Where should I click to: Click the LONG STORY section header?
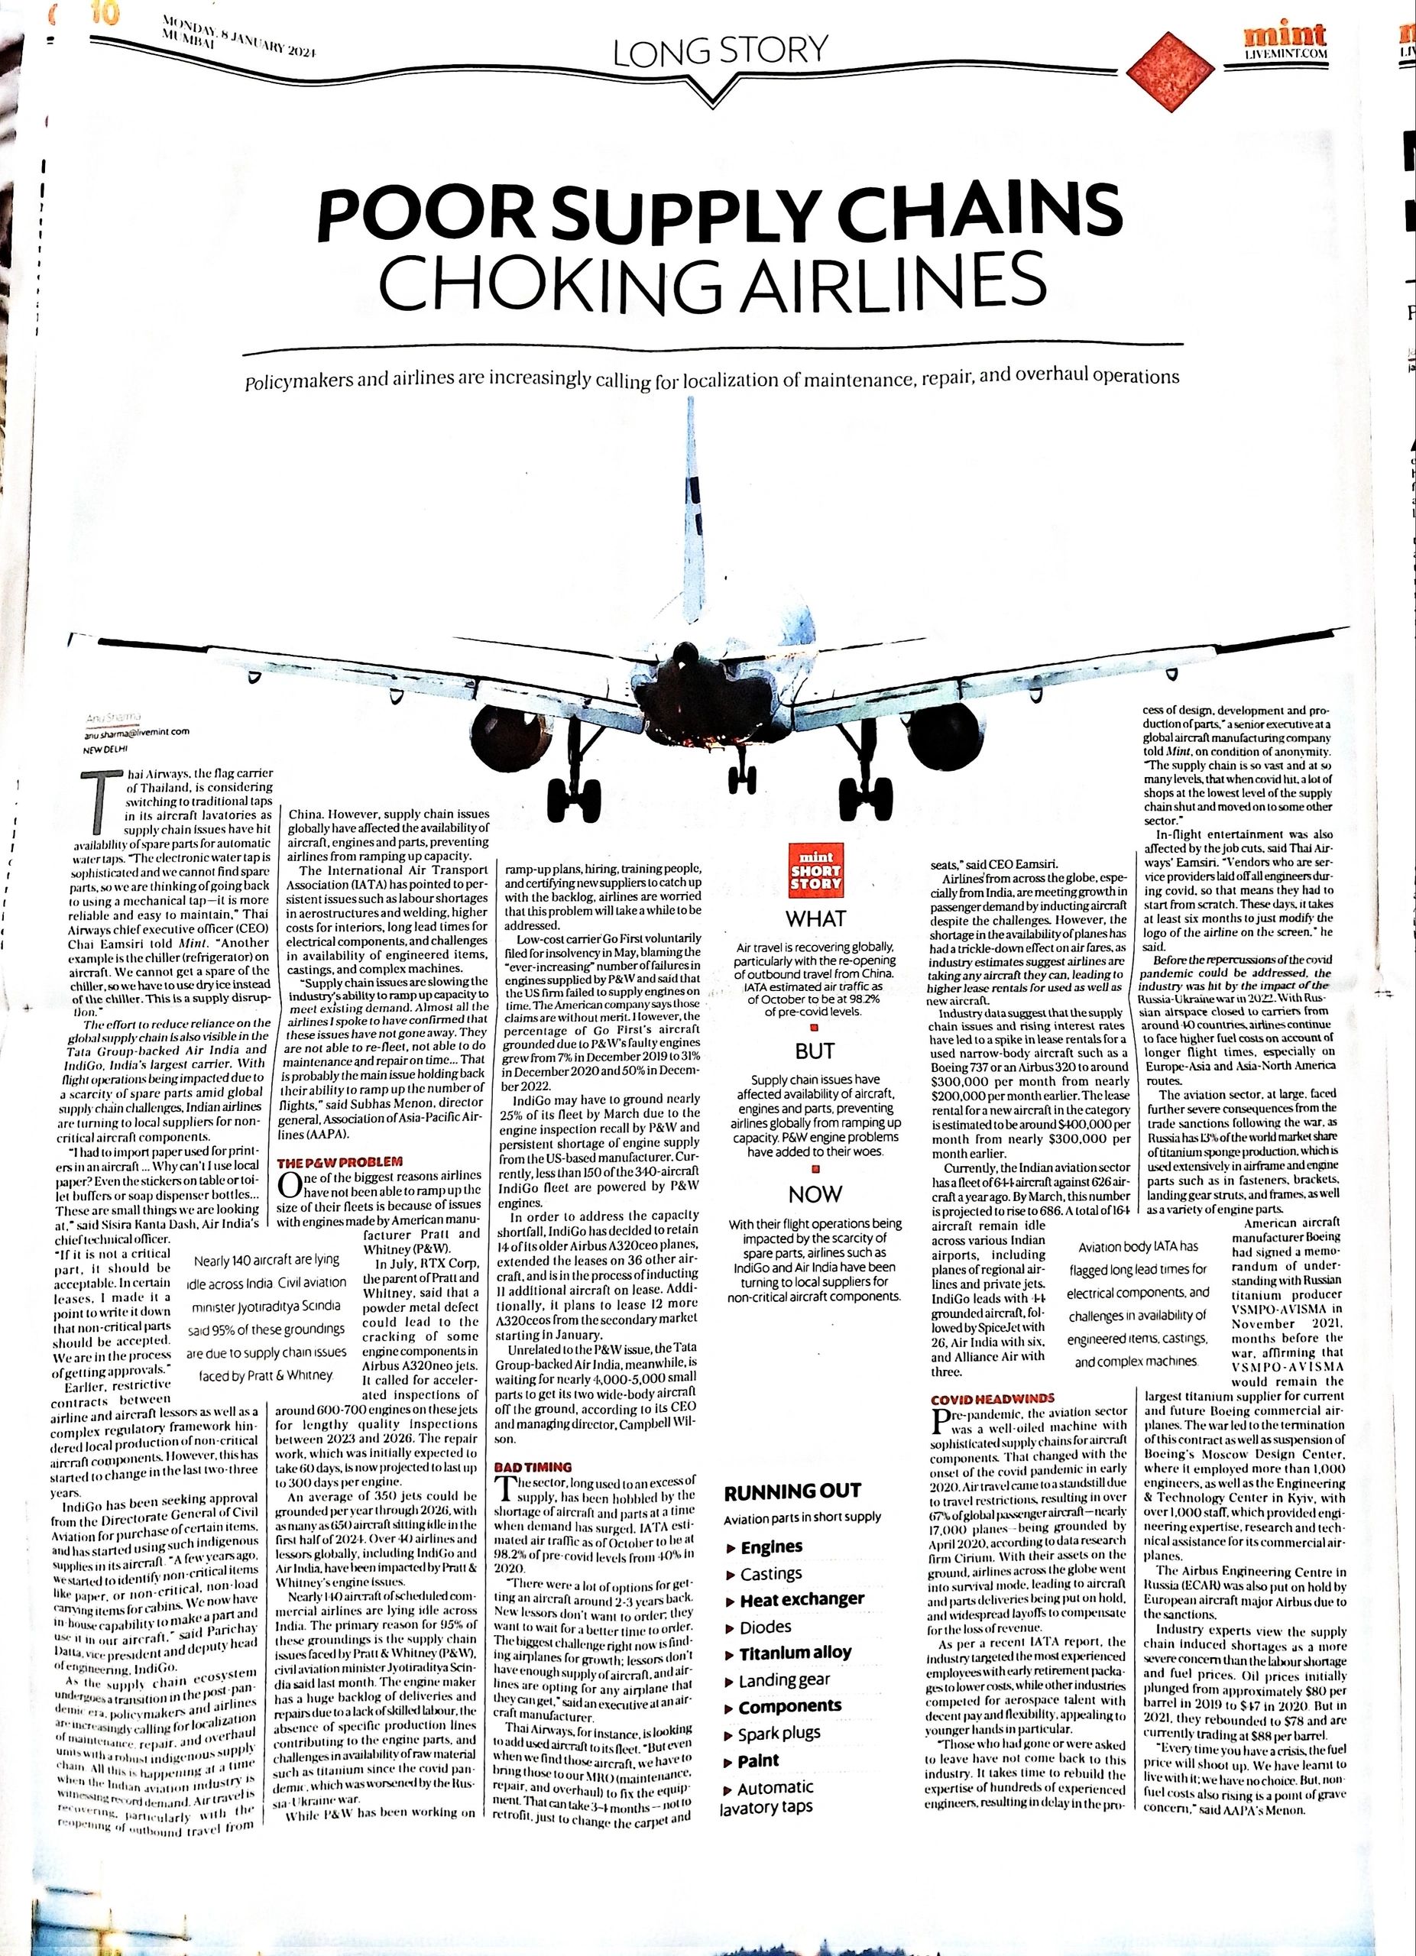point(720,51)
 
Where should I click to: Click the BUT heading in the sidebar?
point(815,1051)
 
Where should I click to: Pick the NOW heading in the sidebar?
point(815,1193)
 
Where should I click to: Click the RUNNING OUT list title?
point(792,1492)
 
